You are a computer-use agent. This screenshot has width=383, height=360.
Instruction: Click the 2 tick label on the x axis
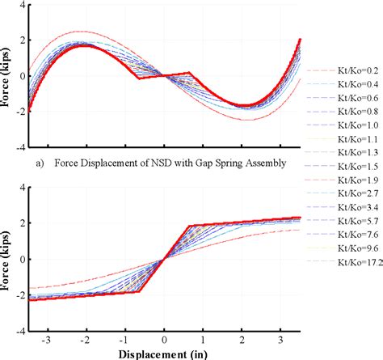pos(242,341)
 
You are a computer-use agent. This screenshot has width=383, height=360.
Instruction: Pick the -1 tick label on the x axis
pos(124,341)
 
